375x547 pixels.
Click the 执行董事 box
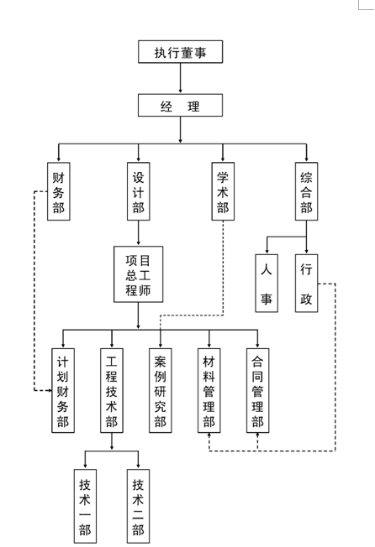click(180, 52)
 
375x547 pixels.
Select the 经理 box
click(180, 105)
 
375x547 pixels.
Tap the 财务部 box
click(59, 191)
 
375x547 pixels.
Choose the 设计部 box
click(139, 191)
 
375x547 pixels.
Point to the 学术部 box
click(223, 191)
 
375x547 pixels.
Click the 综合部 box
click(307, 191)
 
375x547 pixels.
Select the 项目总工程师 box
click(139, 274)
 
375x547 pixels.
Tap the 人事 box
click(267, 283)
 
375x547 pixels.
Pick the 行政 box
click(307, 283)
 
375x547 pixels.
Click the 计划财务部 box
click(63, 390)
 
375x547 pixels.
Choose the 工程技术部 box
click(112, 390)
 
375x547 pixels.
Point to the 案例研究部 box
click(161, 390)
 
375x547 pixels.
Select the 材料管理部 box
click(209, 390)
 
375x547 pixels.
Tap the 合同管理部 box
click(257, 390)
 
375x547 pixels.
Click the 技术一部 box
click(85, 506)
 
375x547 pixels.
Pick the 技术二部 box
click(138, 506)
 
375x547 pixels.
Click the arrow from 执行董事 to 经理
click(180, 78)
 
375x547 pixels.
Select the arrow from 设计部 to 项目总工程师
click(139, 233)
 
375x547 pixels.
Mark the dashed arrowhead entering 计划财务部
click(50, 390)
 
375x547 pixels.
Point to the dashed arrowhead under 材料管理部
click(209, 435)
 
